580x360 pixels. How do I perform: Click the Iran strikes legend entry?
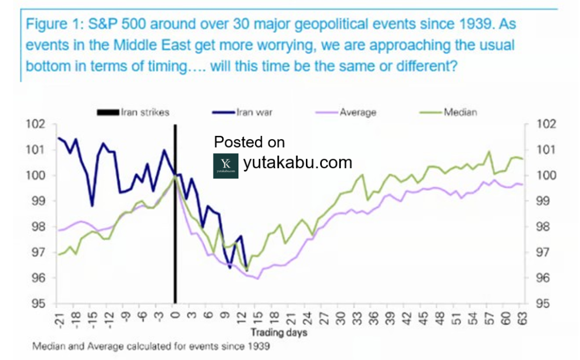coord(133,112)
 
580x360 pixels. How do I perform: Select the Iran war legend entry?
coord(242,112)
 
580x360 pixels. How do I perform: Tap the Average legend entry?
coord(346,112)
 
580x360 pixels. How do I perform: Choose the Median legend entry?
coord(449,112)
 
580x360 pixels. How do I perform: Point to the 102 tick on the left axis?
coord(36,124)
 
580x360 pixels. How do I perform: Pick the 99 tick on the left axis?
coord(39,201)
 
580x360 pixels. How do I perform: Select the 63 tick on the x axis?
coord(522,318)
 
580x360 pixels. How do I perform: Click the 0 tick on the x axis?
coord(176,315)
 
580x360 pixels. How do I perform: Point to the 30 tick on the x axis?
coord(340,318)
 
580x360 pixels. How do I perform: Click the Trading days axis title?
coord(279,333)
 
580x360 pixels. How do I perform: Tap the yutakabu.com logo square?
coord(225,166)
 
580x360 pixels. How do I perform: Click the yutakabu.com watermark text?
coord(297,162)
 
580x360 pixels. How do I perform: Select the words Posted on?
coord(249,142)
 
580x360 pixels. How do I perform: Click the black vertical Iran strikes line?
coord(176,214)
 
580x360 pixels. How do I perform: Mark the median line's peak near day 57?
coord(489,152)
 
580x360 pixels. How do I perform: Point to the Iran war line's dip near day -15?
coord(92,205)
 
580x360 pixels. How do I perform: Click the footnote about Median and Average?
coord(151,346)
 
